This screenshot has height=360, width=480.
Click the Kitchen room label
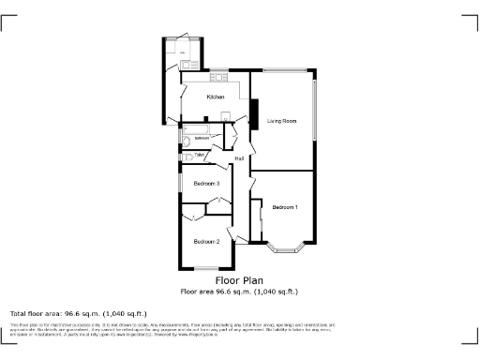[x=216, y=97]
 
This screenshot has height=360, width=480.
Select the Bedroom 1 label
[x=285, y=206]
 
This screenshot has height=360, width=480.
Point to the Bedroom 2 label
[x=206, y=242]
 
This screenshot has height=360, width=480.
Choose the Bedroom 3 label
[x=206, y=184]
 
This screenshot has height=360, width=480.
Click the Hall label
[x=240, y=157]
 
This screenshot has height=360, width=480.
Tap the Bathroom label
[x=202, y=138]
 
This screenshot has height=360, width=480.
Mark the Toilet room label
[x=200, y=155]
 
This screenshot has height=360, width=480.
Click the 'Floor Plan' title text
[x=239, y=280]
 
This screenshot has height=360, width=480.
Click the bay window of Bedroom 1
[x=284, y=248]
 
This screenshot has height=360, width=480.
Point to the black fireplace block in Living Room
[x=251, y=112]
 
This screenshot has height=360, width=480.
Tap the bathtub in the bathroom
[x=198, y=128]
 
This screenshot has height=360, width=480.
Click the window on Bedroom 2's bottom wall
[x=206, y=269]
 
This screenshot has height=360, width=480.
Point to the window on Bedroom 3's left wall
[x=180, y=183]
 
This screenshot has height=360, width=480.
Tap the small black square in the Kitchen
[x=224, y=114]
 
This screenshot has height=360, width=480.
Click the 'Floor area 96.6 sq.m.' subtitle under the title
[x=239, y=292]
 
